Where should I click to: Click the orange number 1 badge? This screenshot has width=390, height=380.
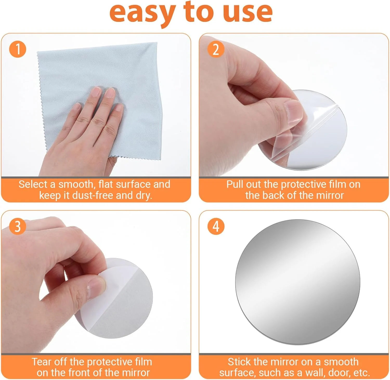coord(18,49)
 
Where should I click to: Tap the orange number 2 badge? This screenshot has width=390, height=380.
coord(216,49)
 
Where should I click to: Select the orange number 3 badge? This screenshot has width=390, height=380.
coord(18,226)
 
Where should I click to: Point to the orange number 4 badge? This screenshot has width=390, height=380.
coord(216,226)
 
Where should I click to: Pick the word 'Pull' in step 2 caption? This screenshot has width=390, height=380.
coord(235,184)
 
